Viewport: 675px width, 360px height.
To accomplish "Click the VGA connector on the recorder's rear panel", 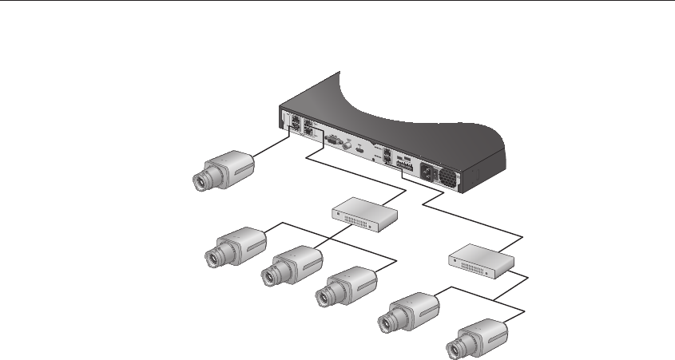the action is pos(336,145).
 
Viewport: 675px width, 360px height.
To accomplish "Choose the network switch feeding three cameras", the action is pos(364,212).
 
